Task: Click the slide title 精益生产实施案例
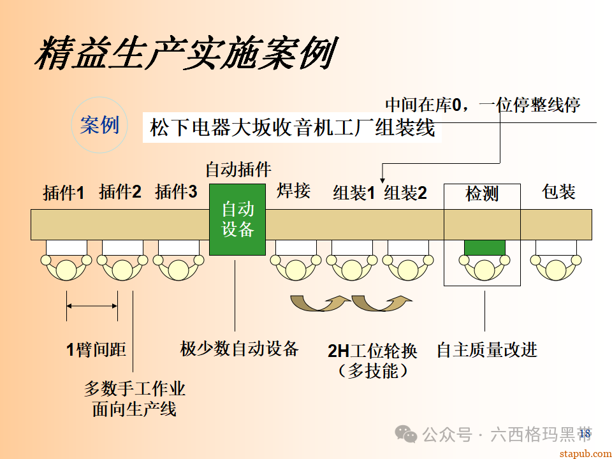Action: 185,54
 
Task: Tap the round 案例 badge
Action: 99,125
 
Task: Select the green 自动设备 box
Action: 237,219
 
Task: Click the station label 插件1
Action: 63,193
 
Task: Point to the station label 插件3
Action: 176,192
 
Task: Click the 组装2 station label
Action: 405,193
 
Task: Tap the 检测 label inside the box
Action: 482,194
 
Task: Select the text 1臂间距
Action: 96,349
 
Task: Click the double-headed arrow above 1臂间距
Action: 92,307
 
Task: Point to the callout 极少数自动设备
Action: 239,349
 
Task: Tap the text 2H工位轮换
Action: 372,351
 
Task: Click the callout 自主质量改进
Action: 487,349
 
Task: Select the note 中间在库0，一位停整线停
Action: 483,104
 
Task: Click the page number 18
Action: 585,434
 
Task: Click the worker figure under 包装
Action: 556,267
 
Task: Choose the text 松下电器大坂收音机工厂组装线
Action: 293,129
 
